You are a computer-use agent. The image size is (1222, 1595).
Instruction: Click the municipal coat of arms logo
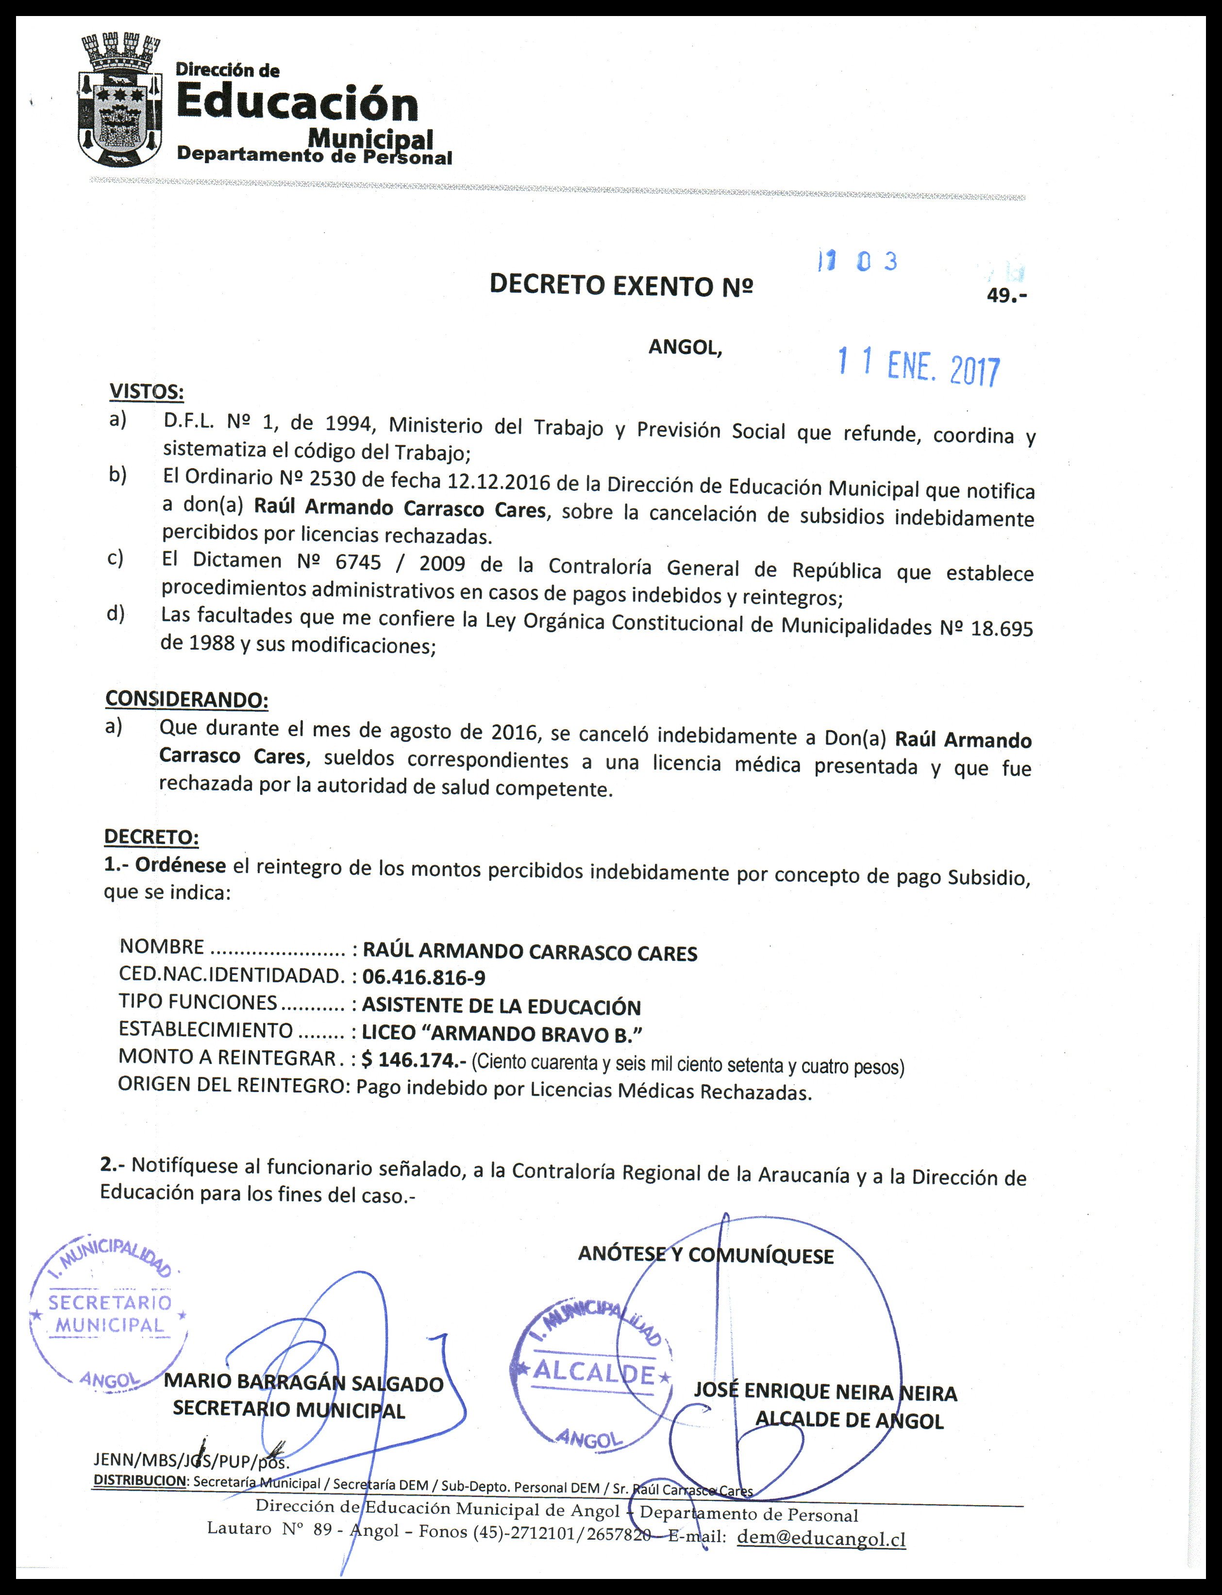(x=118, y=102)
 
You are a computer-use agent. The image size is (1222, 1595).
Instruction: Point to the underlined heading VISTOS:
(x=146, y=392)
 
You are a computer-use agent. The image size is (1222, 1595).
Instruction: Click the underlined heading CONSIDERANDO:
(x=186, y=699)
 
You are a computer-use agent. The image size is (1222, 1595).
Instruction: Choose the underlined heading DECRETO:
(x=151, y=837)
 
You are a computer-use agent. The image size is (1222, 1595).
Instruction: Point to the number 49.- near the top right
(x=1006, y=296)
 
